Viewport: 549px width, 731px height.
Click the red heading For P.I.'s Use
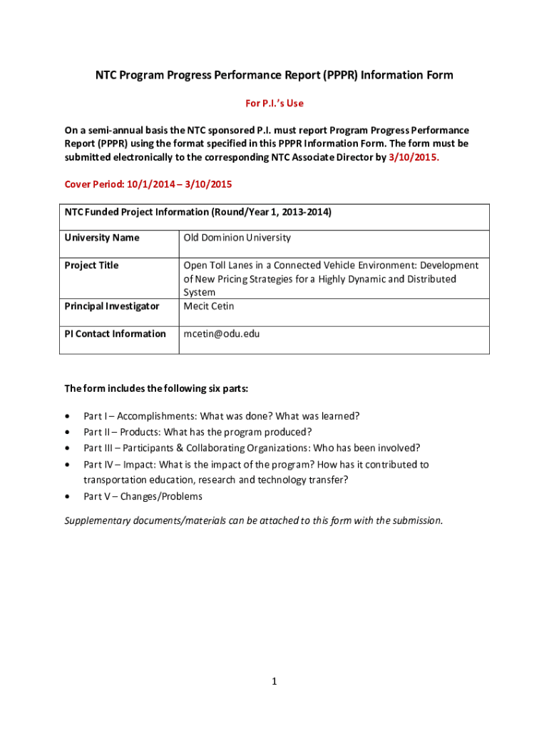coord(274,104)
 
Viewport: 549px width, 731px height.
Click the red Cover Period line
coord(148,184)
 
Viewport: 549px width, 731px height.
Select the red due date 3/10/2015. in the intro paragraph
coord(414,158)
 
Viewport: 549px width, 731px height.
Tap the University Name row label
coord(102,238)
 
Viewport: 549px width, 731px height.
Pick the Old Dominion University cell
coord(237,238)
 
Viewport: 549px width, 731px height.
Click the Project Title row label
coord(91,266)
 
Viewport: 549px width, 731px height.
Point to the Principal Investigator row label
coord(112,306)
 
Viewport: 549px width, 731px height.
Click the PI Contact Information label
coord(116,334)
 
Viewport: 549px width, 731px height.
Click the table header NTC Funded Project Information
coord(198,212)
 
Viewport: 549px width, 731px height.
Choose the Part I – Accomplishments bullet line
coord(221,416)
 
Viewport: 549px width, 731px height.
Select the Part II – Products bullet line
coord(197,432)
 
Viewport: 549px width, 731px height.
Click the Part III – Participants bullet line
coord(252,448)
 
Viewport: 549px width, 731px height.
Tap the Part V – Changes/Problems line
coord(143,497)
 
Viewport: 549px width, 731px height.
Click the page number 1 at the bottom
coord(274,682)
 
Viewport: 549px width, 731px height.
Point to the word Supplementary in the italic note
coord(98,520)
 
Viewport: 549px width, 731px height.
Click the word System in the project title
coord(200,293)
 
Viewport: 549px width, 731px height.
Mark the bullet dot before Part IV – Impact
coord(68,465)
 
